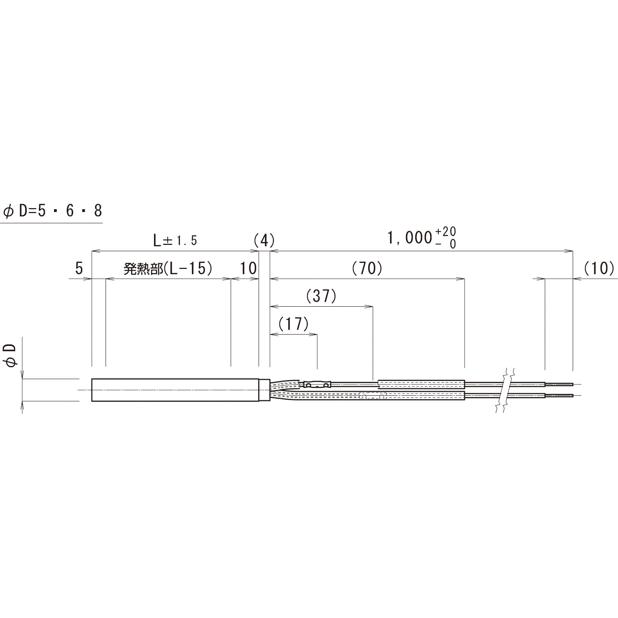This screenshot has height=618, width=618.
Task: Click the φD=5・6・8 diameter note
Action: (x=52, y=211)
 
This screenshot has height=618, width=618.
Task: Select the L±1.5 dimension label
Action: (x=175, y=241)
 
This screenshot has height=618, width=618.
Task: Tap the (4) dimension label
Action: (x=264, y=241)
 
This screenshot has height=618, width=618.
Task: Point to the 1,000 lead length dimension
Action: (x=410, y=238)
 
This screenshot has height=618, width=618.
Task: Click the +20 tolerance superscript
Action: (x=446, y=232)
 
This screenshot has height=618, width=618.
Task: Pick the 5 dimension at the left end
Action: (x=79, y=269)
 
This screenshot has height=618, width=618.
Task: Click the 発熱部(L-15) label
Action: (x=168, y=269)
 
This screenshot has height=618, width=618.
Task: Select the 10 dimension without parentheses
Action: (x=248, y=269)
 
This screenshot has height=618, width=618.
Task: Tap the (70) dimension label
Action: (x=367, y=269)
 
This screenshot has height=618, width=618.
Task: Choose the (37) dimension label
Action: (x=321, y=296)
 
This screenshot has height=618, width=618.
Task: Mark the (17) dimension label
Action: (x=293, y=324)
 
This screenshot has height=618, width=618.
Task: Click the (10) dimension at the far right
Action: (x=599, y=269)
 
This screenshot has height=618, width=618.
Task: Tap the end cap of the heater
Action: (x=265, y=390)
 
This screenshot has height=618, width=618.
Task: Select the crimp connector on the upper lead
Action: (x=317, y=383)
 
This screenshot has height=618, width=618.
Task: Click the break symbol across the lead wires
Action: (x=506, y=390)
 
